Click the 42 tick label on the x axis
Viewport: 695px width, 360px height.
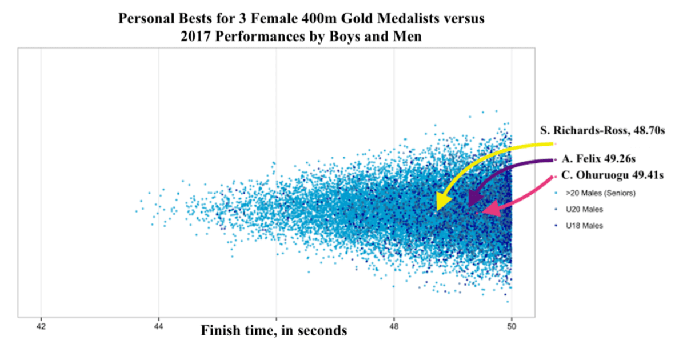coord(41,326)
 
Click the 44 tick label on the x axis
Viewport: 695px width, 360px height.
coord(158,326)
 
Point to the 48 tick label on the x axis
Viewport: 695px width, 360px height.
coord(394,326)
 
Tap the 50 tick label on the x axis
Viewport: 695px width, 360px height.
coord(512,326)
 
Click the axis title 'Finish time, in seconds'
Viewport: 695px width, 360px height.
coord(274,330)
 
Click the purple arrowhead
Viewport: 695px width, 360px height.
coord(476,198)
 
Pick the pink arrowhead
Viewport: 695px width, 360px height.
coord(491,209)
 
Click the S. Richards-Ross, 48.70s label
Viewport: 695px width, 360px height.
coord(602,130)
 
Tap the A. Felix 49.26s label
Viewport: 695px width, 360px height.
coord(598,159)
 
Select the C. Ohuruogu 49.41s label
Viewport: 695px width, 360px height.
coord(613,175)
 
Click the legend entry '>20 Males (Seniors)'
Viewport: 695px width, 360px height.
coord(601,193)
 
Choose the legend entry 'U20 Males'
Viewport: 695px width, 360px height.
coord(584,210)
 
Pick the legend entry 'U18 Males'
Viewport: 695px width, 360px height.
coord(584,226)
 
